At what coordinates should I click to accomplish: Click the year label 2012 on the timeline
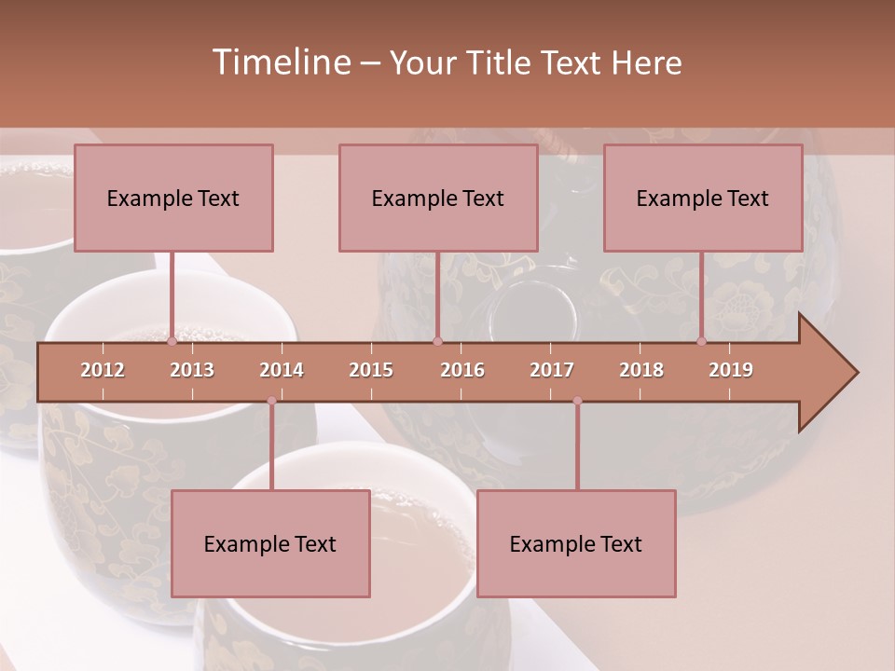(x=103, y=370)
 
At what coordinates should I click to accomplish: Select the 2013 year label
(x=192, y=370)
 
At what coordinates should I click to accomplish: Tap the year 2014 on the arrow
(x=282, y=370)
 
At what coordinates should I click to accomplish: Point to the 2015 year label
(x=371, y=370)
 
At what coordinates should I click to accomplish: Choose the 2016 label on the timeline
(x=462, y=370)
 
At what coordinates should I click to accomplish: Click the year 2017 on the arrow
(x=552, y=370)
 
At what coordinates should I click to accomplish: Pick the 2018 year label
(x=641, y=370)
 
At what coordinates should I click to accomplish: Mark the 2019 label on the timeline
(x=731, y=370)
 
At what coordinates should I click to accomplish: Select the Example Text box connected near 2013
(x=173, y=199)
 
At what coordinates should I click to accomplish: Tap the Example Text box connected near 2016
(x=438, y=199)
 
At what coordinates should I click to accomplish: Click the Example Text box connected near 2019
(x=703, y=199)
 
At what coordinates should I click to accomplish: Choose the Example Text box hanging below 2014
(x=270, y=544)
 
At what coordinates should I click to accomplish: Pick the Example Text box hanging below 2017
(x=576, y=544)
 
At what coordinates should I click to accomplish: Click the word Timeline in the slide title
(x=280, y=62)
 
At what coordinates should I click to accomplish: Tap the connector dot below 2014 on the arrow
(x=271, y=401)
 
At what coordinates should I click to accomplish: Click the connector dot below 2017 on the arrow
(x=577, y=401)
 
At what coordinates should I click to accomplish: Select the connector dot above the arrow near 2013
(x=172, y=342)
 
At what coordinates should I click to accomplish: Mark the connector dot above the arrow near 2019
(x=702, y=342)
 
